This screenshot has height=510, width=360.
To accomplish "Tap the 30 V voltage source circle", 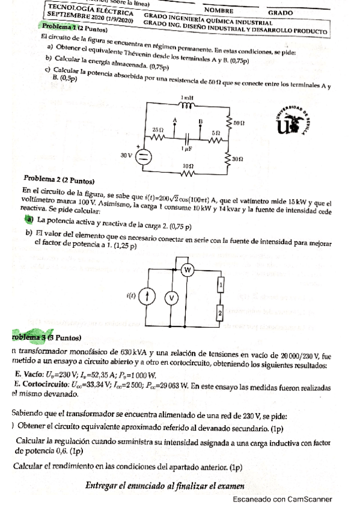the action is coord(145,157).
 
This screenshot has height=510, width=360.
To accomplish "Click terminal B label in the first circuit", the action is coord(199,120).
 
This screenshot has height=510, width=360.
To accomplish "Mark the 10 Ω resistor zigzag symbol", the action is coord(187,174).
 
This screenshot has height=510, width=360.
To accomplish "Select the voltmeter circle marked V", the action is coord(171,297).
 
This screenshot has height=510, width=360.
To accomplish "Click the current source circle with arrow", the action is coord(148,296).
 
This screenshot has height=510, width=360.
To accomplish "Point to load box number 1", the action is coord(221,284).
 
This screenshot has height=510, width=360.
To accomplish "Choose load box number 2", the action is coord(221,313).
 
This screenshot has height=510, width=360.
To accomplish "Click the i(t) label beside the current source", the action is coord(131,296).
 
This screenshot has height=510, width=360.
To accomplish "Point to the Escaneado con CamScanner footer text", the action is coord(281,499).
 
